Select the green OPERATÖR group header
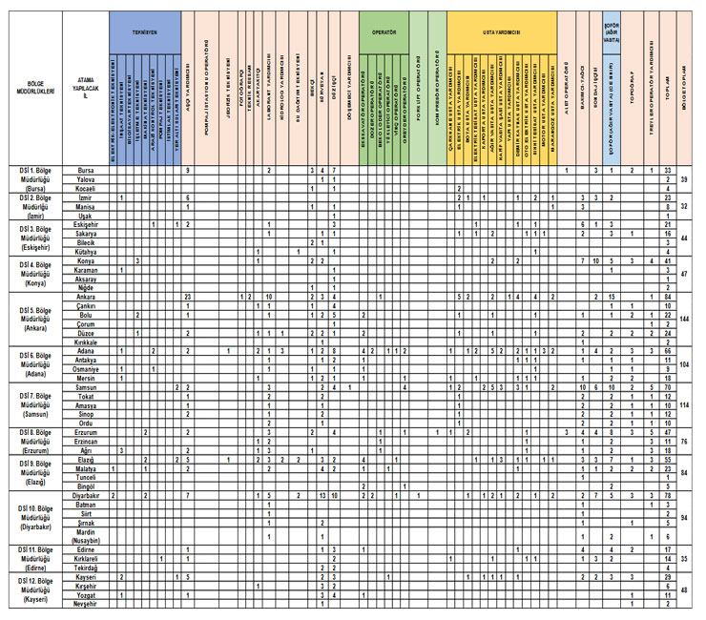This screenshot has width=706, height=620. coord(384,31)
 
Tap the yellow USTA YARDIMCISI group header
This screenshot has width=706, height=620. coord(502,31)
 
